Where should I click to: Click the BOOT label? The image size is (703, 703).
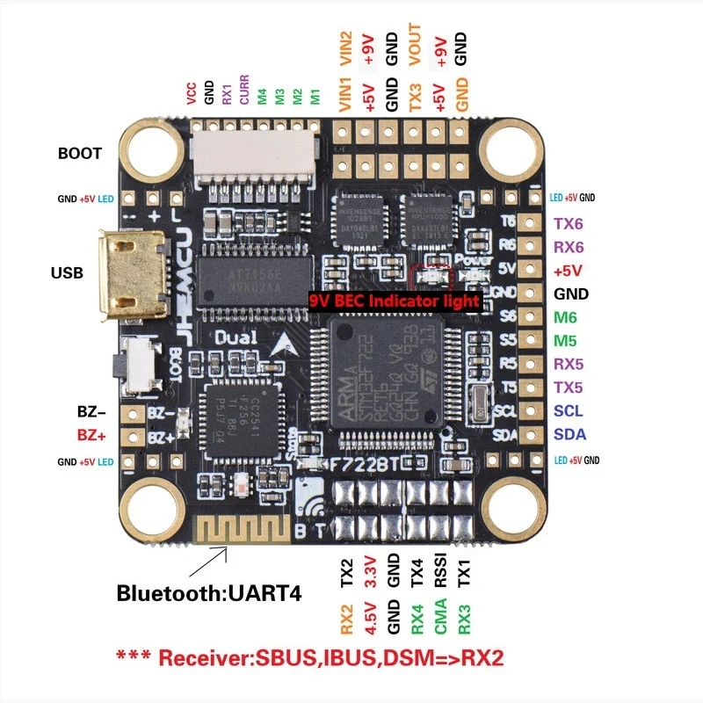coord(80,153)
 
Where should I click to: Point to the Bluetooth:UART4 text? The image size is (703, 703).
coord(209,593)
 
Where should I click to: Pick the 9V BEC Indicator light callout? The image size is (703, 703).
coord(395,301)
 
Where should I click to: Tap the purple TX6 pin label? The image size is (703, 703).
coord(568,224)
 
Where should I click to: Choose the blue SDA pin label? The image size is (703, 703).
coord(569,434)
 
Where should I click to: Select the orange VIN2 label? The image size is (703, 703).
coord(345,50)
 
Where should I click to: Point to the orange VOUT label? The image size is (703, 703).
coord(416,47)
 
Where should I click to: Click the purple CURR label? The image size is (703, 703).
coord(244,91)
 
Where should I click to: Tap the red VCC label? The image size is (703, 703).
coord(191,94)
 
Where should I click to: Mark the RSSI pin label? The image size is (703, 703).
coord(440,573)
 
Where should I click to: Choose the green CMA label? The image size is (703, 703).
coord(440,616)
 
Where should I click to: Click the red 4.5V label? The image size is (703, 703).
coord(370,617)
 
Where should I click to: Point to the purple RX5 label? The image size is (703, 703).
coord(568,364)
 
